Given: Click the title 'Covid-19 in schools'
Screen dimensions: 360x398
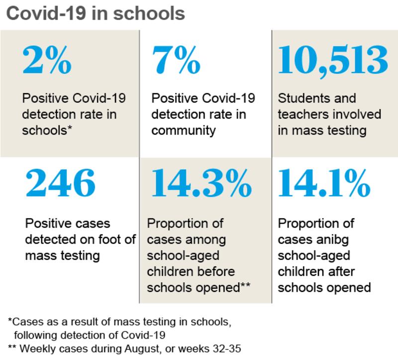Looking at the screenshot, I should (x=95, y=13).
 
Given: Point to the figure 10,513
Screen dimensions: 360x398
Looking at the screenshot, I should (x=333, y=60).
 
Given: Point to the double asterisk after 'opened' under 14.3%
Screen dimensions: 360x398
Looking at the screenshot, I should (x=245, y=287).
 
